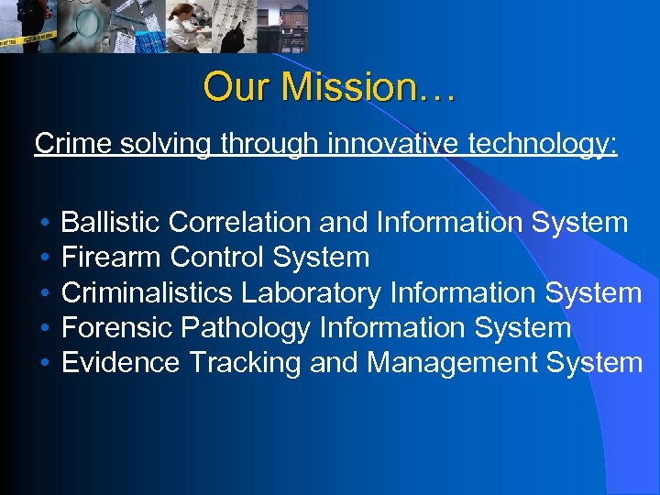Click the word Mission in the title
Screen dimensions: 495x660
(349, 87)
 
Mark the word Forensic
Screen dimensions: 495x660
(116, 328)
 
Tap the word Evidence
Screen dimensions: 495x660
(120, 363)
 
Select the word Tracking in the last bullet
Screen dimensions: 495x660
(244, 364)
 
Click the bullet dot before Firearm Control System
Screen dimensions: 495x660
(45, 258)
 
